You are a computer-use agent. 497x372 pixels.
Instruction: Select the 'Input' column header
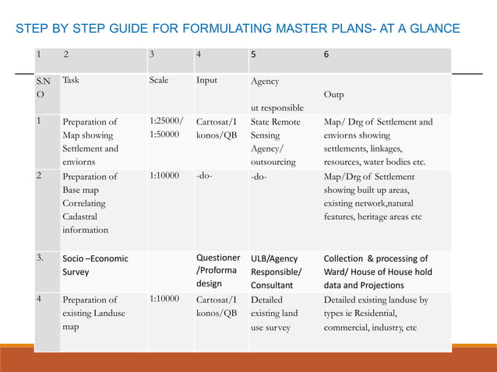pos(206,80)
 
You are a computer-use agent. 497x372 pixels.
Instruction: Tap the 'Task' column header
pos(71,80)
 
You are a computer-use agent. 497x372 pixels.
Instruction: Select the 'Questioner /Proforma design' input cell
pos(218,271)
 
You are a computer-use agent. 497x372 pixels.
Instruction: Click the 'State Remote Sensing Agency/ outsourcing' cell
pos(275,142)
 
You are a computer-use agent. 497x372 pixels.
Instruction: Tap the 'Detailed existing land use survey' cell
pos(274,313)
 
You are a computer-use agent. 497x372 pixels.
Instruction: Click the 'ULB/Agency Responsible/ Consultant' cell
pos(276,272)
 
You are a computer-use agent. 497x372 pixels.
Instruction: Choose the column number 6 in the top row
pos(326,55)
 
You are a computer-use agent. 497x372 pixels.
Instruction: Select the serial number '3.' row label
pos(41,258)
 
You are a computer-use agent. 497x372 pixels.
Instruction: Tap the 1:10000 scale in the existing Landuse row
pos(164,300)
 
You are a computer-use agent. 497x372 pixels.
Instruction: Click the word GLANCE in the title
pos(435,30)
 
